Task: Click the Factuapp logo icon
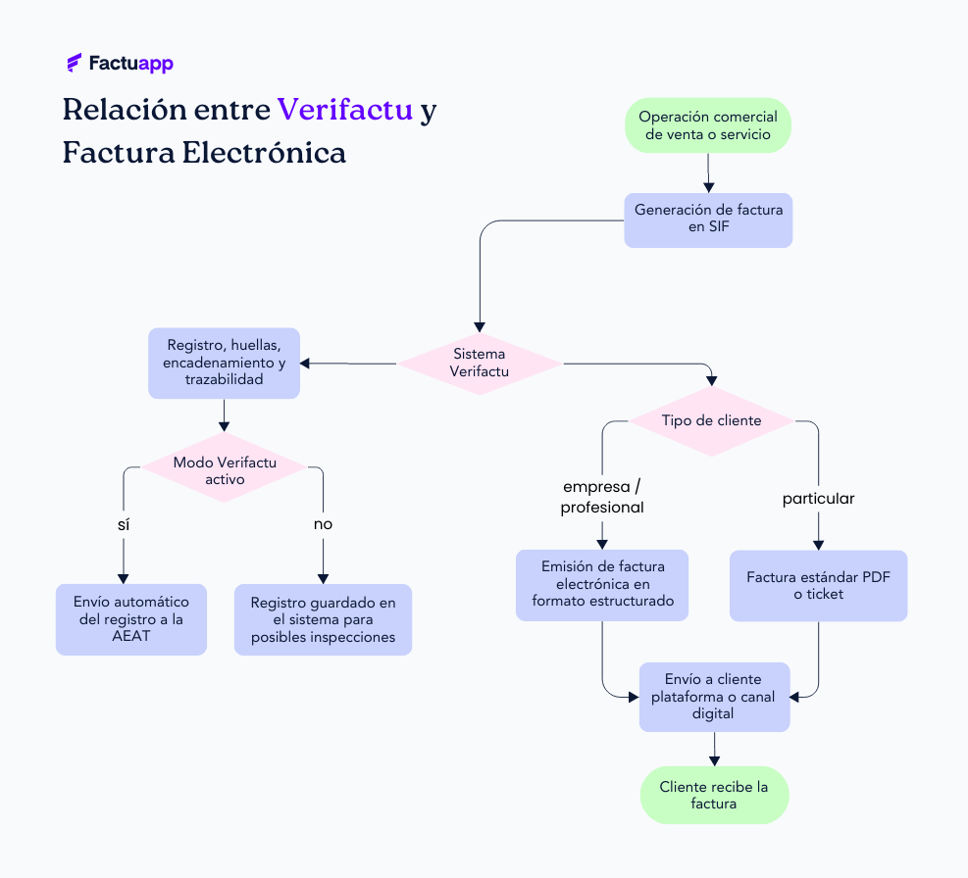click(74, 64)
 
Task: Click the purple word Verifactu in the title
click(344, 109)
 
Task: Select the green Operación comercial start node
click(708, 124)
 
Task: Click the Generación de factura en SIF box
click(708, 219)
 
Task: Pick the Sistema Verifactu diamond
click(480, 363)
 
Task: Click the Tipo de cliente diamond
click(711, 420)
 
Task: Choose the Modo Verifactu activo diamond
click(225, 470)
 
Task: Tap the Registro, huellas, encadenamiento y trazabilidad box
click(224, 363)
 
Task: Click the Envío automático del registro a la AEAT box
click(131, 619)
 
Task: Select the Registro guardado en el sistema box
click(323, 619)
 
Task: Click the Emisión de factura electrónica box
click(602, 584)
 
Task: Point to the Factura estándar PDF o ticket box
click(818, 585)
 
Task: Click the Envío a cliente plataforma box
click(714, 696)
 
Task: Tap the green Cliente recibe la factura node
click(714, 795)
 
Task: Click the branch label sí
click(124, 524)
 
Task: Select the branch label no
click(323, 524)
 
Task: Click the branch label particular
click(818, 499)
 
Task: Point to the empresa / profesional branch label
click(602, 497)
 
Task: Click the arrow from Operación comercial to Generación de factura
click(708, 172)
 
